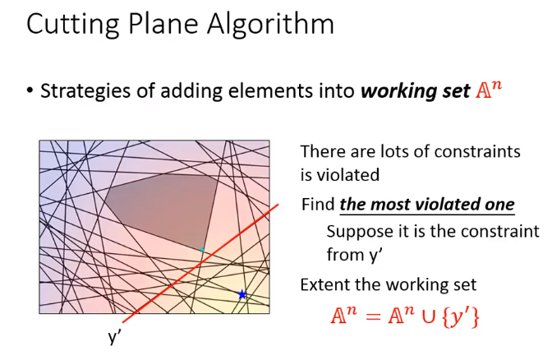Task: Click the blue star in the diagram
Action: click(x=241, y=294)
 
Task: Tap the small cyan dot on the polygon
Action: click(x=202, y=250)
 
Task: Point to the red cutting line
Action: click(x=200, y=263)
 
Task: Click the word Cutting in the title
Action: click(x=73, y=25)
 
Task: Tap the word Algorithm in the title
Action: click(x=270, y=24)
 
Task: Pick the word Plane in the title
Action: click(x=163, y=24)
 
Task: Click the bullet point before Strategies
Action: click(x=30, y=91)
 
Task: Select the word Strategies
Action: click(x=86, y=91)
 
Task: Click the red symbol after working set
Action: click(x=488, y=90)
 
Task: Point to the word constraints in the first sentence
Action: click(x=477, y=152)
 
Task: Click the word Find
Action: click(x=318, y=205)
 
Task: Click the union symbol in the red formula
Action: click(x=429, y=316)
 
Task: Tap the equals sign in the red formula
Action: click(x=373, y=316)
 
